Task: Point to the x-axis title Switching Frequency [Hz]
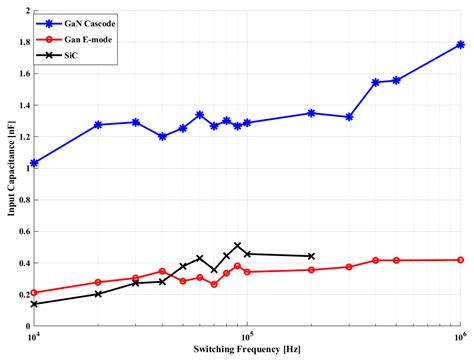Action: coord(247,351)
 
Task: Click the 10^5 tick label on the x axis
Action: coord(247,337)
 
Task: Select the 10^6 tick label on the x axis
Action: coord(460,337)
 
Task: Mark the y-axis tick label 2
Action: coord(26,10)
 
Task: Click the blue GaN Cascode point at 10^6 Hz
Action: coord(460,45)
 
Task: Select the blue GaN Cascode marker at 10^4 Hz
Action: coord(34,162)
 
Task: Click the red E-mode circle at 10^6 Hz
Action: coord(460,259)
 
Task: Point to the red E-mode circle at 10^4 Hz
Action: coord(34,293)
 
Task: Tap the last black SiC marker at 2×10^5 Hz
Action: coord(311,256)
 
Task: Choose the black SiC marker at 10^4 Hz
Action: coord(34,304)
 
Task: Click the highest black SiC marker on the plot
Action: coord(237,245)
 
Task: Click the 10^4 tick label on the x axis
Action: coord(34,337)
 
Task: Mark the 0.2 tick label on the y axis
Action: coord(21,294)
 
